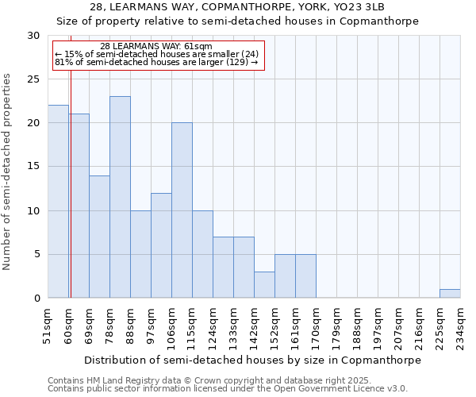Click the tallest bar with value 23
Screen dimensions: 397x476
[120, 197]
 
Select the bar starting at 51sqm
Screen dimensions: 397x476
[58, 202]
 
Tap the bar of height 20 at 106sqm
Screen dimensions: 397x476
[182, 210]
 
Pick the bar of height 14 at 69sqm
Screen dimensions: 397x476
[99, 237]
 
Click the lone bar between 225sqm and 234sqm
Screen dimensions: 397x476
[450, 293]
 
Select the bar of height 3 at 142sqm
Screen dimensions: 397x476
[264, 285]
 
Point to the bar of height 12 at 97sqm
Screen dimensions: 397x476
[161, 245]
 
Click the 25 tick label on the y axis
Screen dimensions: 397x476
[33, 79]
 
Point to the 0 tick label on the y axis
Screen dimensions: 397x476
[36, 299]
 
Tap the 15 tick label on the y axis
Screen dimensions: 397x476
[33, 167]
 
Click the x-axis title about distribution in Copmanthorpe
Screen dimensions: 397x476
[252, 360]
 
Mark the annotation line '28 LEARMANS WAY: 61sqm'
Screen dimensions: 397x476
[156, 47]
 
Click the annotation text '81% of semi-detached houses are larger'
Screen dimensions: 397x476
[156, 62]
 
